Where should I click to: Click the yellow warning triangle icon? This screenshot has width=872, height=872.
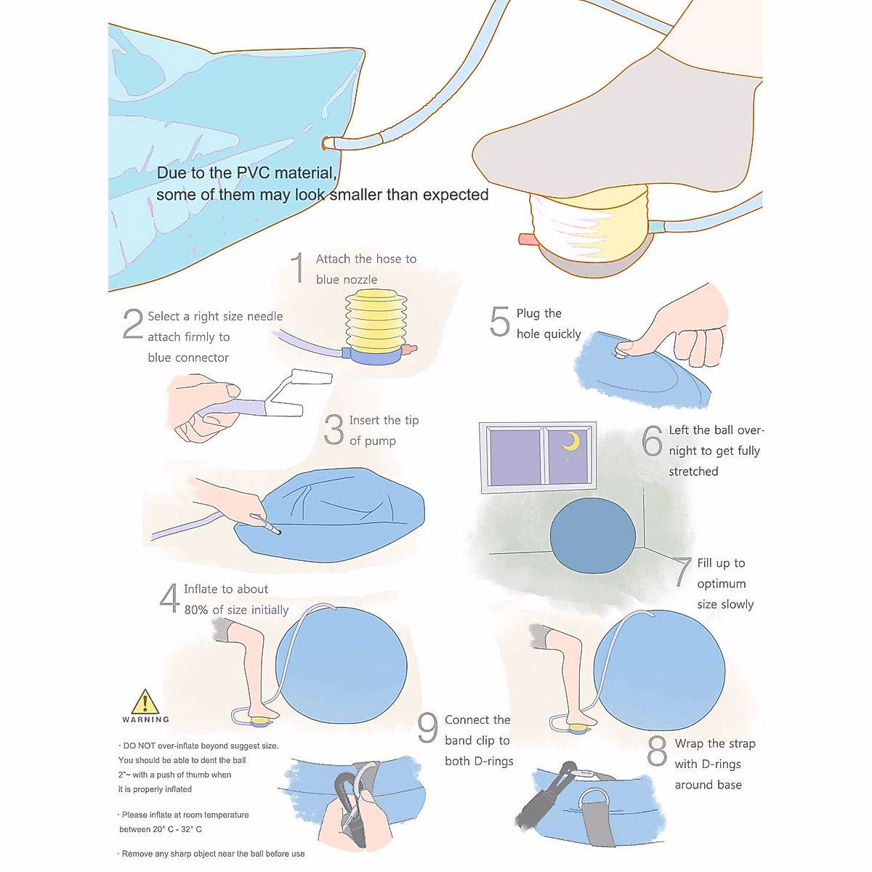click(x=145, y=702)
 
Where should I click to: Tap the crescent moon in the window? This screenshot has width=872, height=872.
click(x=572, y=442)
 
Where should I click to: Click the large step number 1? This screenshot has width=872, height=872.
click(x=297, y=268)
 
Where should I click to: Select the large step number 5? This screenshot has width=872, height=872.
click(x=500, y=321)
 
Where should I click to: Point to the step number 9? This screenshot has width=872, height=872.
click(x=428, y=728)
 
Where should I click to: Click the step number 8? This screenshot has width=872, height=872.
click(x=657, y=751)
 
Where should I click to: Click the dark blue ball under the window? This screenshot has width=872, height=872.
click(x=592, y=536)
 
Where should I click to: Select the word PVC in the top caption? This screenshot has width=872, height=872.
click(x=263, y=173)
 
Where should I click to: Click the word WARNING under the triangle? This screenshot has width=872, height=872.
click(x=145, y=719)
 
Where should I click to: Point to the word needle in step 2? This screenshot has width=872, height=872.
click(x=265, y=317)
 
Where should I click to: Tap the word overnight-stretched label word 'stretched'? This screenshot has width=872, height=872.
click(x=693, y=472)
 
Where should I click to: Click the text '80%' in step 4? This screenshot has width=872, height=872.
click(x=196, y=610)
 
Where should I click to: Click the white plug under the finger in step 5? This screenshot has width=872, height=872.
click(x=623, y=352)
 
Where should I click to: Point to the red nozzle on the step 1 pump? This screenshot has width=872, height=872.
click(x=411, y=350)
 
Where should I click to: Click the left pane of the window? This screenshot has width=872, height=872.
click(x=515, y=457)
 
